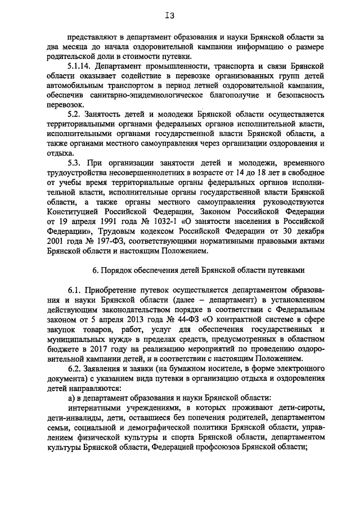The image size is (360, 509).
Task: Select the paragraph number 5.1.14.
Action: (79, 66)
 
